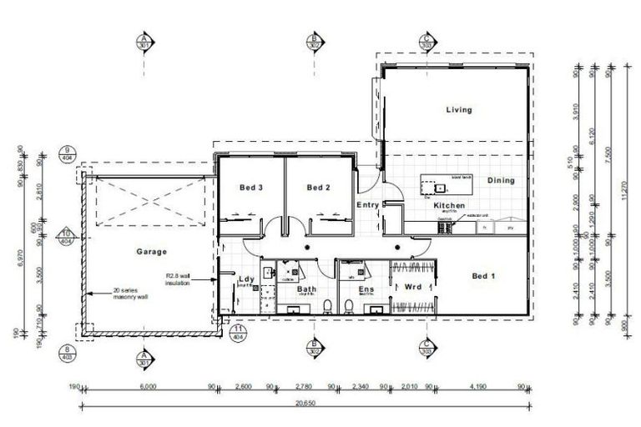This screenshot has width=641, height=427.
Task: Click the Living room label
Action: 458,110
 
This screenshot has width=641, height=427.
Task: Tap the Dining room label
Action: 501,180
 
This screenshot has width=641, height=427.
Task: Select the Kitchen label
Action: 449,205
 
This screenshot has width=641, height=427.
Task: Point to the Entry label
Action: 367,205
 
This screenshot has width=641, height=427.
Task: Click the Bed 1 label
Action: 484,276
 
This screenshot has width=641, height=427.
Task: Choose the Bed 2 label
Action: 319,188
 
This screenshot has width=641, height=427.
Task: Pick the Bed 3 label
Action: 251,188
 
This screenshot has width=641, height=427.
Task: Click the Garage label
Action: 152,251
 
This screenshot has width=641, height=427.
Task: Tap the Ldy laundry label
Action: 245,279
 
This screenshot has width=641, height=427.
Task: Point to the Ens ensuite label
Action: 366,289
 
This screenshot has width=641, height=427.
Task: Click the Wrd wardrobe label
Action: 412,288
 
